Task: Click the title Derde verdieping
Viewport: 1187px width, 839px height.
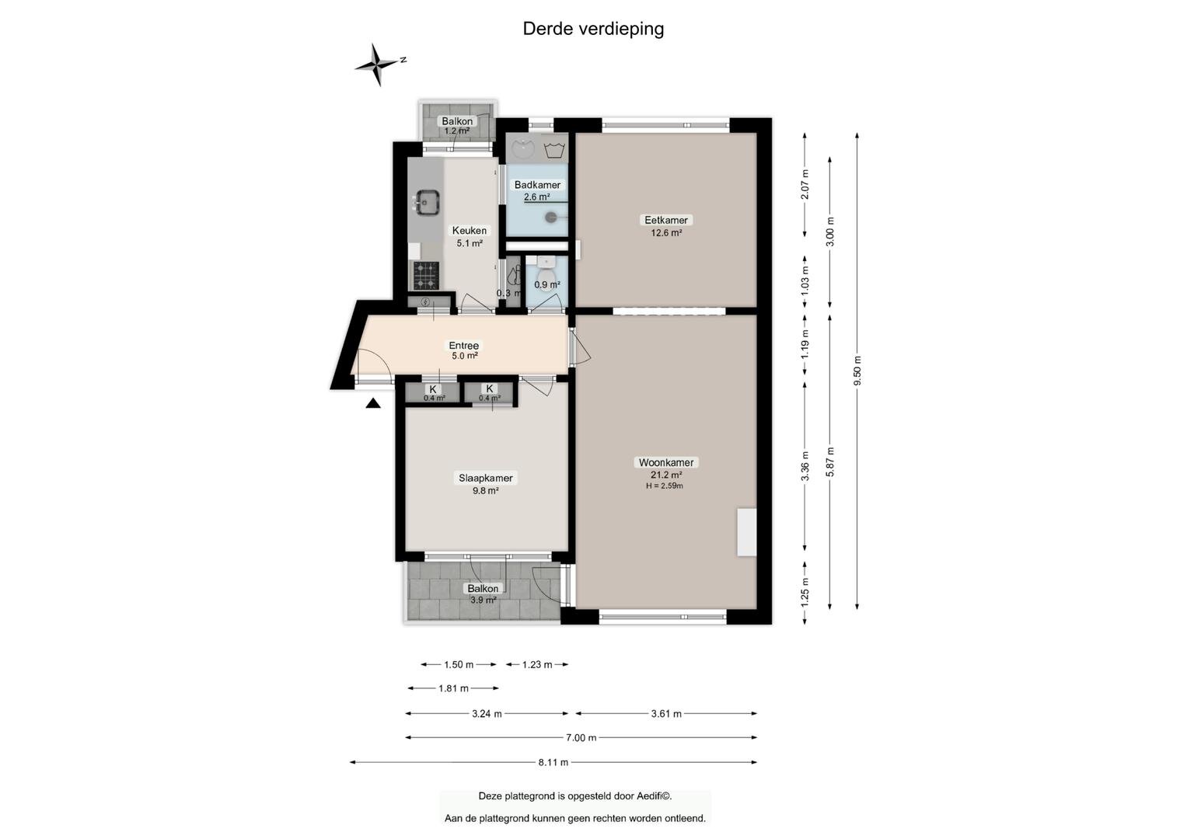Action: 593,30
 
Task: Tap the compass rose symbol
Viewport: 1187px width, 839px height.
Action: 377,64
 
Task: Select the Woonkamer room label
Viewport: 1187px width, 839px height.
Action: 665,462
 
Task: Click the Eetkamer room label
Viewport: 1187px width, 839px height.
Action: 665,220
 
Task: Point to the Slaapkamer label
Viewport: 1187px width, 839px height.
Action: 485,478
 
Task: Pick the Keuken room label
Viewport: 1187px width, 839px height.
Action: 469,231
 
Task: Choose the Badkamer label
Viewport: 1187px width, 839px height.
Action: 537,185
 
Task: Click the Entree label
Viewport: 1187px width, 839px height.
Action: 463,346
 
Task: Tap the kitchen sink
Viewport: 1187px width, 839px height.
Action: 427,202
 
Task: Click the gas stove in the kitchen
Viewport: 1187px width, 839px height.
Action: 426,276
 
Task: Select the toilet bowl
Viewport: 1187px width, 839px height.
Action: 546,277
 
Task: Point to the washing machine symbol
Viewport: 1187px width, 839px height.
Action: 554,149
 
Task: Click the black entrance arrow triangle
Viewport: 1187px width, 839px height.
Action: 373,404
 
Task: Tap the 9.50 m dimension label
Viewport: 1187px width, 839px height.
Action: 857,371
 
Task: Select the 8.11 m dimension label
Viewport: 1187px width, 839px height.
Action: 553,762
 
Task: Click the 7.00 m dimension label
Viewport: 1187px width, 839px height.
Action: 581,737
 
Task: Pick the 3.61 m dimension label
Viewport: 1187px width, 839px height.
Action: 666,713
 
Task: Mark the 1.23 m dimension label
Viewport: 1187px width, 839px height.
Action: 537,664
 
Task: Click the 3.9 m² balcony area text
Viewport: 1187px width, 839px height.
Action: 484,600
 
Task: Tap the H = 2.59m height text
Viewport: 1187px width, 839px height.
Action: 665,486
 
